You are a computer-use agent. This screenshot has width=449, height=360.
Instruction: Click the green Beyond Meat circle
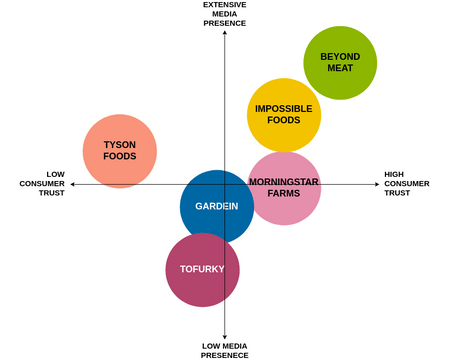pyautogui.click(x=340, y=63)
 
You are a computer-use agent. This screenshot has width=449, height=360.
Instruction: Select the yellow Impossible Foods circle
pyautogui.click(x=284, y=115)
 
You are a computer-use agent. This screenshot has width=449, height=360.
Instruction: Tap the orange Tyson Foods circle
pyautogui.click(x=119, y=151)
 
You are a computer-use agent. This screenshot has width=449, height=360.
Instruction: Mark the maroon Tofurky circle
pyautogui.click(x=202, y=269)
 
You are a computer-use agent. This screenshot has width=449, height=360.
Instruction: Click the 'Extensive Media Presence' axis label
pyautogui.click(x=225, y=14)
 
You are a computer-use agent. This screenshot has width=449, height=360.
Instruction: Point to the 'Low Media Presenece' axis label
pyautogui.click(x=225, y=350)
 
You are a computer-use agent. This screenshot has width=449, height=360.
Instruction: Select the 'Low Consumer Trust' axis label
pyautogui.click(x=42, y=183)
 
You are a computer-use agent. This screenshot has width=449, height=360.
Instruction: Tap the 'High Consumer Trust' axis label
pyautogui.click(x=407, y=183)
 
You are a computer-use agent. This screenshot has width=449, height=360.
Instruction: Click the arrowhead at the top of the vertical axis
pyautogui.click(x=225, y=34)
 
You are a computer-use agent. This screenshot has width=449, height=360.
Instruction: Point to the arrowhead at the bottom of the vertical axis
pyautogui.click(x=225, y=336)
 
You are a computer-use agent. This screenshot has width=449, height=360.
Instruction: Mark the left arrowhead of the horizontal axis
pyautogui.click(x=72, y=184)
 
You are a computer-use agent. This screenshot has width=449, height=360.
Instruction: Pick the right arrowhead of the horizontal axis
pyautogui.click(x=376, y=184)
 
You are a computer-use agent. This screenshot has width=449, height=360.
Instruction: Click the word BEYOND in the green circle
pyautogui.click(x=340, y=57)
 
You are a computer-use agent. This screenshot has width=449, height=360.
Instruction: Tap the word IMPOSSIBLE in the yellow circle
pyautogui.click(x=284, y=109)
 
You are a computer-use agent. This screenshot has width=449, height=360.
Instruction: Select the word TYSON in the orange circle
pyautogui.click(x=120, y=145)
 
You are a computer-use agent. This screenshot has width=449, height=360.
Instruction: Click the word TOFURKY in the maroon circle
pyautogui.click(x=202, y=270)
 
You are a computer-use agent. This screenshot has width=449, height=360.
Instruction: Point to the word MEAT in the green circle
pyautogui.click(x=340, y=69)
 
